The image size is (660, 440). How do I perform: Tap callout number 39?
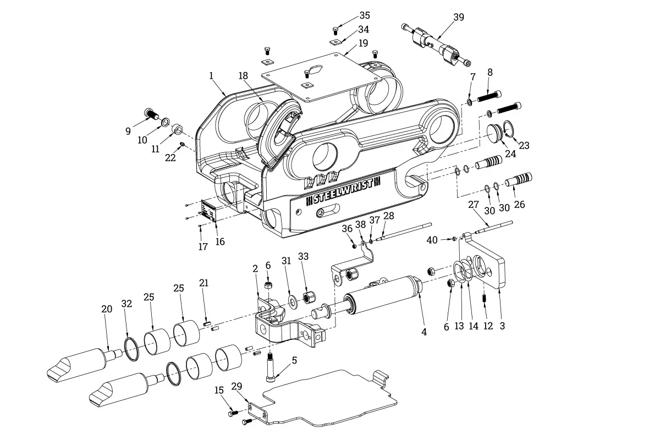(458, 17)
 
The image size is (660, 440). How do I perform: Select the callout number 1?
(211, 76)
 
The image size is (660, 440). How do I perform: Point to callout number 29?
(237, 387)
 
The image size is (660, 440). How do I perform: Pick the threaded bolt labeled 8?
(490, 98)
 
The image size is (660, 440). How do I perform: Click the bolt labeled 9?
(151, 114)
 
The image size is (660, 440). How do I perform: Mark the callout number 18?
(244, 75)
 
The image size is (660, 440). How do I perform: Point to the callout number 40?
(432, 240)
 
